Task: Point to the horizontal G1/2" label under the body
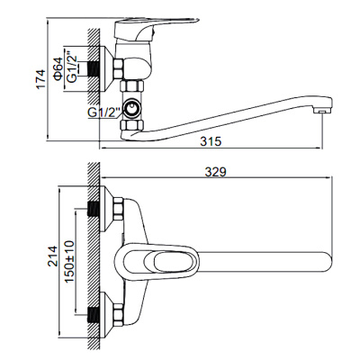point(103,112)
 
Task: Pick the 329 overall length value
point(215,172)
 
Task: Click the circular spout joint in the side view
point(133,109)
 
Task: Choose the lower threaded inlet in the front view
point(93,315)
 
